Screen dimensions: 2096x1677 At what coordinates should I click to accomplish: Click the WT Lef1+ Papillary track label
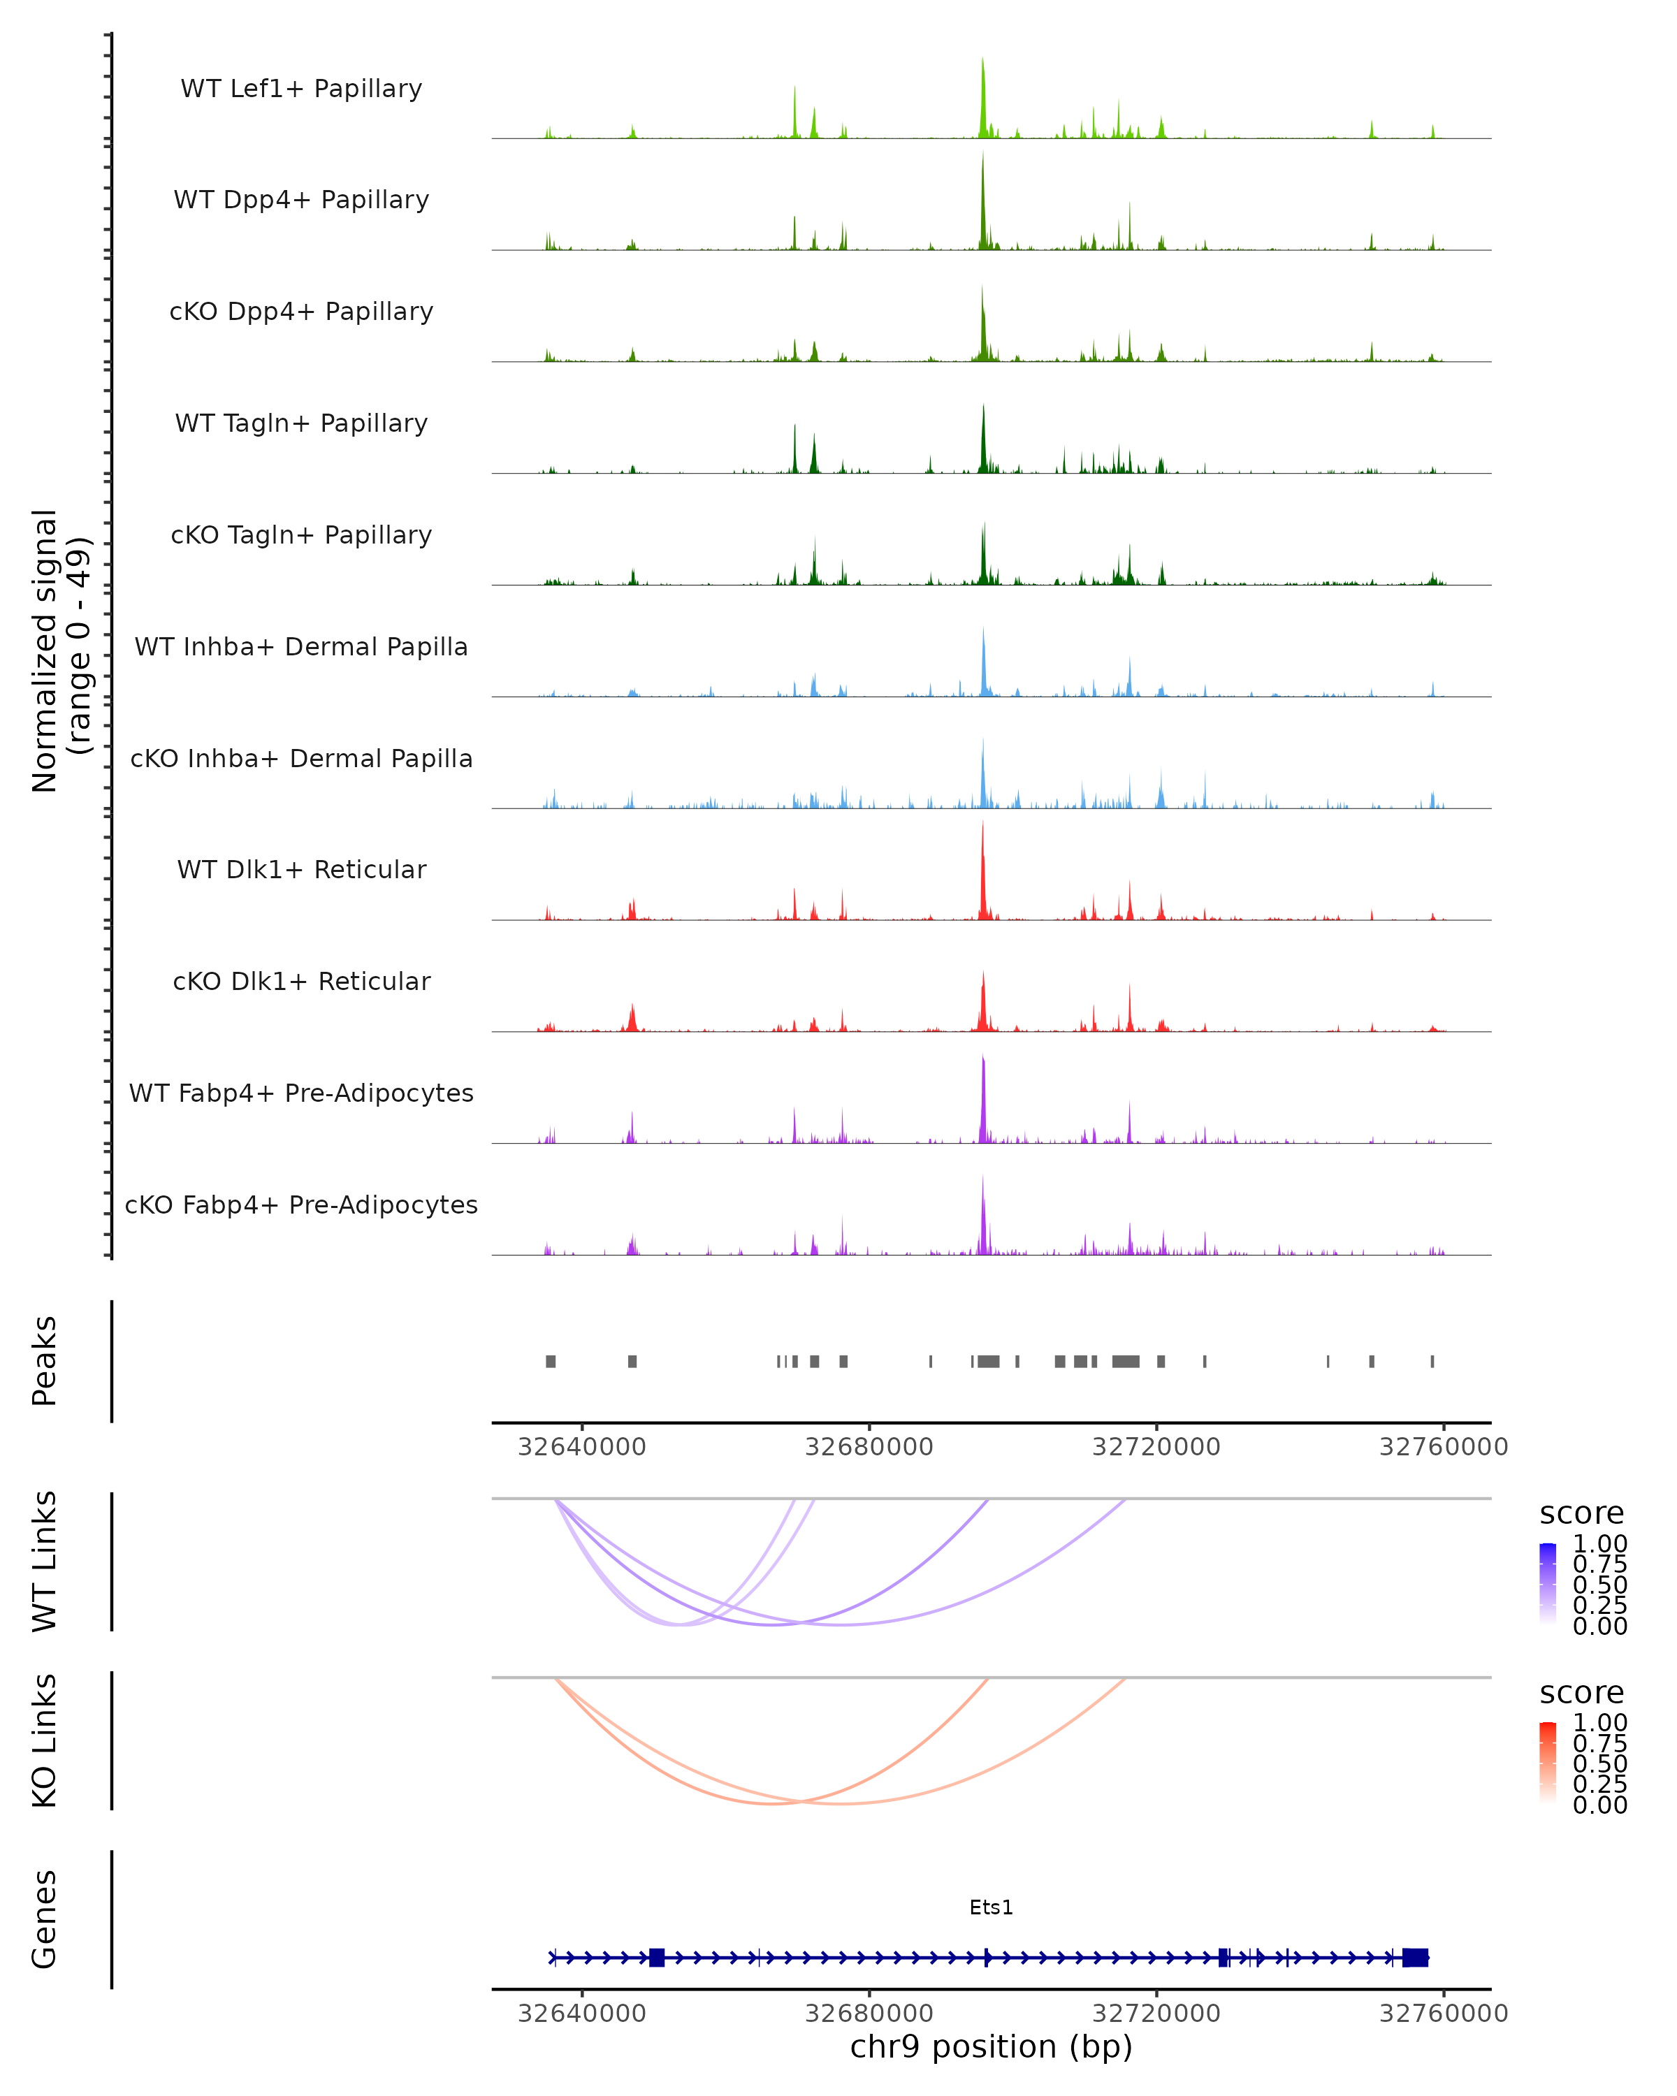pyautogui.click(x=301, y=89)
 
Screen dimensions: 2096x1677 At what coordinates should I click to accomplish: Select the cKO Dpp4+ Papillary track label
pyautogui.click(x=301, y=312)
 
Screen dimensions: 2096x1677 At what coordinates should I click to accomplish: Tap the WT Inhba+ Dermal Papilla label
pyautogui.click(x=301, y=648)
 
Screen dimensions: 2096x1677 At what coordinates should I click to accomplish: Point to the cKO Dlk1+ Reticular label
pyautogui.click(x=301, y=982)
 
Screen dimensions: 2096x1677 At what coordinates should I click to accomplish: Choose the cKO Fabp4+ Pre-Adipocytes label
pyautogui.click(x=301, y=1205)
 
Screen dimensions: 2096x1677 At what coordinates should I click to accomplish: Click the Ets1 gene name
pyautogui.click(x=992, y=1907)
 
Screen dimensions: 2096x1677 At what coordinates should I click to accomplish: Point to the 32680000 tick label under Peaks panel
pyautogui.click(x=869, y=1448)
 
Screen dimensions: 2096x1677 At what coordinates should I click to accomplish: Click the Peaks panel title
pyautogui.click(x=45, y=1361)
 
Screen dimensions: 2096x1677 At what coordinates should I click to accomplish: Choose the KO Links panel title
pyautogui.click(x=45, y=1741)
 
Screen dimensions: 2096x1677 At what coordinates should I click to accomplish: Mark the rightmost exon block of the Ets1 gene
pyautogui.click(x=1416, y=1958)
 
